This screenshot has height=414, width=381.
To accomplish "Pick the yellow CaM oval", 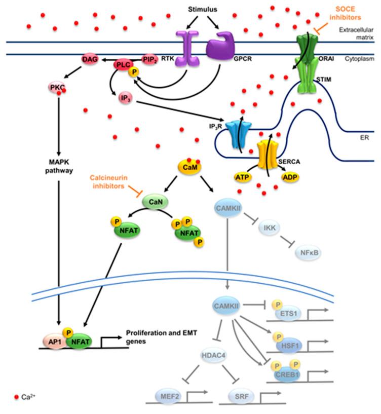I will tap(186, 166).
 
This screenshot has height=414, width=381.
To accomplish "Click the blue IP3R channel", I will tap(237, 134).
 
